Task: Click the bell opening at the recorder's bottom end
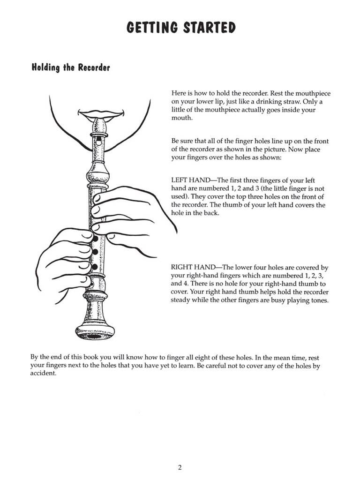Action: (95, 336)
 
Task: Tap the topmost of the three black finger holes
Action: (95, 239)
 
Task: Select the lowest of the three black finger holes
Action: (95, 267)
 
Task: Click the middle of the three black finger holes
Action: (95, 253)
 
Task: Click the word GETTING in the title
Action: (151, 28)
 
